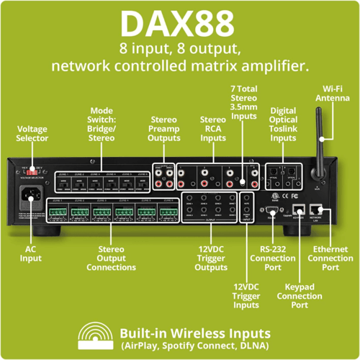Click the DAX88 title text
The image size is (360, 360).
coord(180,22)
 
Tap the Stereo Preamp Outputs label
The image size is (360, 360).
coord(163,128)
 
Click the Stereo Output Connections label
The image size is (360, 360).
coord(111,261)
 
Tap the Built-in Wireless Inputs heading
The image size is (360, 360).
coord(195,333)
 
